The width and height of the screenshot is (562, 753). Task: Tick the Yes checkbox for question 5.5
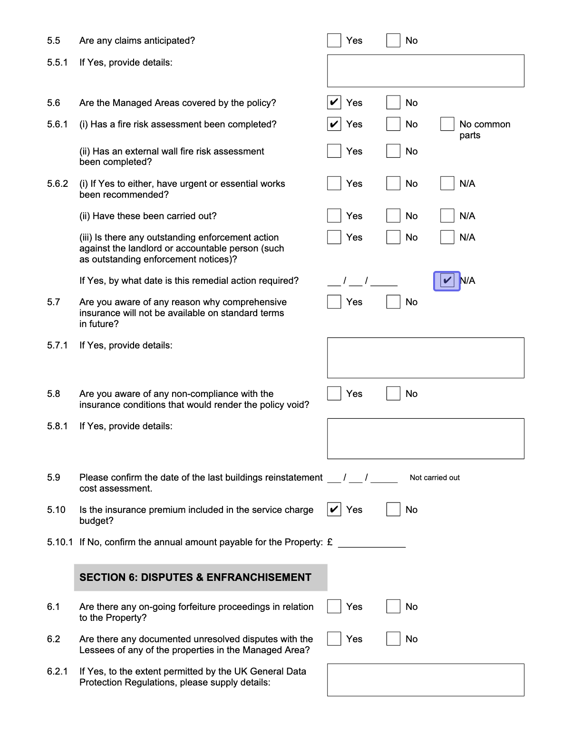334,40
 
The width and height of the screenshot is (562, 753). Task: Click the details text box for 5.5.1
425,71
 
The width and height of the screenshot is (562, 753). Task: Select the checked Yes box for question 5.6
334,103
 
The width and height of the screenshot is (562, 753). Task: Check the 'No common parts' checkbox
447,124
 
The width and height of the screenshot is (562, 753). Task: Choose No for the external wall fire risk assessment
393,151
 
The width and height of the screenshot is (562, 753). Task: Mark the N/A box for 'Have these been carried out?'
447,216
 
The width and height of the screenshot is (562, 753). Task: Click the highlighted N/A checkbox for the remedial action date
447,280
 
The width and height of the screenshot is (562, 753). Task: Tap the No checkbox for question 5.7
393,302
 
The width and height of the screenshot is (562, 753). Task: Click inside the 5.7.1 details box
425,358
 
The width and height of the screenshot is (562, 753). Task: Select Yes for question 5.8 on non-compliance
334,394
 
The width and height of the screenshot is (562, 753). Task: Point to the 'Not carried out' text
435,478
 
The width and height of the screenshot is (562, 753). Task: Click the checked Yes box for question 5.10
334,510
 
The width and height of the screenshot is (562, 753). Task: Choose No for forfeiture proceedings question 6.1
393,607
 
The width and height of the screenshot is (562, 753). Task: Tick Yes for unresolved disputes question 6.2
334,639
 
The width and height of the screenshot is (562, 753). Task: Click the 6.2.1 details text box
425,680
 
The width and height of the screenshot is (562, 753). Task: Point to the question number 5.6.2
58,184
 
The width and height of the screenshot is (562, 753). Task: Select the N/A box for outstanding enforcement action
447,237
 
